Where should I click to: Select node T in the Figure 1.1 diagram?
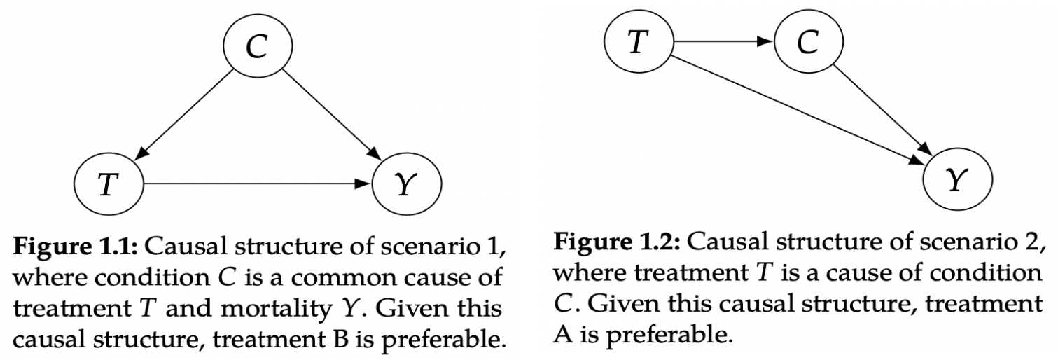[x=109, y=185]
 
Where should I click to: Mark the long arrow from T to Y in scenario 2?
[x=798, y=112]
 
